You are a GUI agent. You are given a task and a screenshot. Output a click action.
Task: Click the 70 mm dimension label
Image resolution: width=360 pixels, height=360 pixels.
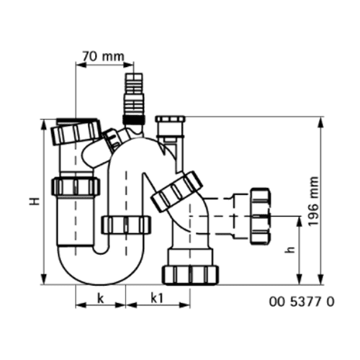pyautogui.click(x=104, y=56)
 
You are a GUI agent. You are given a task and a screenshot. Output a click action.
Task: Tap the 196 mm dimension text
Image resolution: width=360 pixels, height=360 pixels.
pyautogui.click(x=313, y=201)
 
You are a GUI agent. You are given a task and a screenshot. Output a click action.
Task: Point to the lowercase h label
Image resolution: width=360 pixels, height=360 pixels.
pyautogui.click(x=290, y=250)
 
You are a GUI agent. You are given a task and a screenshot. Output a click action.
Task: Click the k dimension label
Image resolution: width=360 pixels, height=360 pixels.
pyautogui.click(x=101, y=298)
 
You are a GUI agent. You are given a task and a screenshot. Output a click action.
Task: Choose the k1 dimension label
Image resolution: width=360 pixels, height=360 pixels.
pyautogui.click(x=157, y=298)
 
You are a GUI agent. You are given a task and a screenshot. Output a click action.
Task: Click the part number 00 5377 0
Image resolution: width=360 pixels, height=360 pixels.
pyautogui.click(x=302, y=302)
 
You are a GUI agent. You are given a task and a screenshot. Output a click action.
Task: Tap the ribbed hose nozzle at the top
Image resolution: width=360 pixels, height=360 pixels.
pyautogui.click(x=134, y=99)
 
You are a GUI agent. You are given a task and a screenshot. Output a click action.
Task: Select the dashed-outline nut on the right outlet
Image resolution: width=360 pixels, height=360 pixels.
pyautogui.click(x=260, y=217)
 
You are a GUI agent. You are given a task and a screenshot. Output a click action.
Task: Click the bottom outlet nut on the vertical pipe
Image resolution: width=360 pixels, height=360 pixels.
pyautogui.click(x=191, y=275)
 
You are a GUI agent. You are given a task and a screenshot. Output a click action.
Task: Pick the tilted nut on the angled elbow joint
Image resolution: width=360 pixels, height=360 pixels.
pyautogui.click(x=177, y=192)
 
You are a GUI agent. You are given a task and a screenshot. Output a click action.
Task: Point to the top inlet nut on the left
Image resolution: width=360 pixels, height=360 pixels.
pyautogui.click(x=76, y=132)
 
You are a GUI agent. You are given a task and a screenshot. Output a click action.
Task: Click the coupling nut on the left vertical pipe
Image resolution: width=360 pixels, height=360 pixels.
pyautogui.click(x=76, y=186)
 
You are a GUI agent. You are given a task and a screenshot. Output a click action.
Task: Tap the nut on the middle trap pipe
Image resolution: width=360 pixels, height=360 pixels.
pyautogui.click(x=126, y=225)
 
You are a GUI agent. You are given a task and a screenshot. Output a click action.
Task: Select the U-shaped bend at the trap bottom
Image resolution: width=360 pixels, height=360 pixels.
pyautogui.click(x=101, y=265)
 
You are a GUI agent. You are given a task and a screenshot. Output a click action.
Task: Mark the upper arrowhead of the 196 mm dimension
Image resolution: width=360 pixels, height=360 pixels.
pyautogui.click(x=320, y=122)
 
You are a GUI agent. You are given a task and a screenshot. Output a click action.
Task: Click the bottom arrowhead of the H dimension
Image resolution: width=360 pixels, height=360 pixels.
pyautogui.click(x=44, y=279)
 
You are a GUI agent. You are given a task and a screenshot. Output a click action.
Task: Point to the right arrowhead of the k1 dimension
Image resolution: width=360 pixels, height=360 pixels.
pyautogui.click(x=184, y=305)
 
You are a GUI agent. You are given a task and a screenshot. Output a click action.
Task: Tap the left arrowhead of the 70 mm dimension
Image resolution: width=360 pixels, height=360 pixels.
pyautogui.click(x=81, y=64)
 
